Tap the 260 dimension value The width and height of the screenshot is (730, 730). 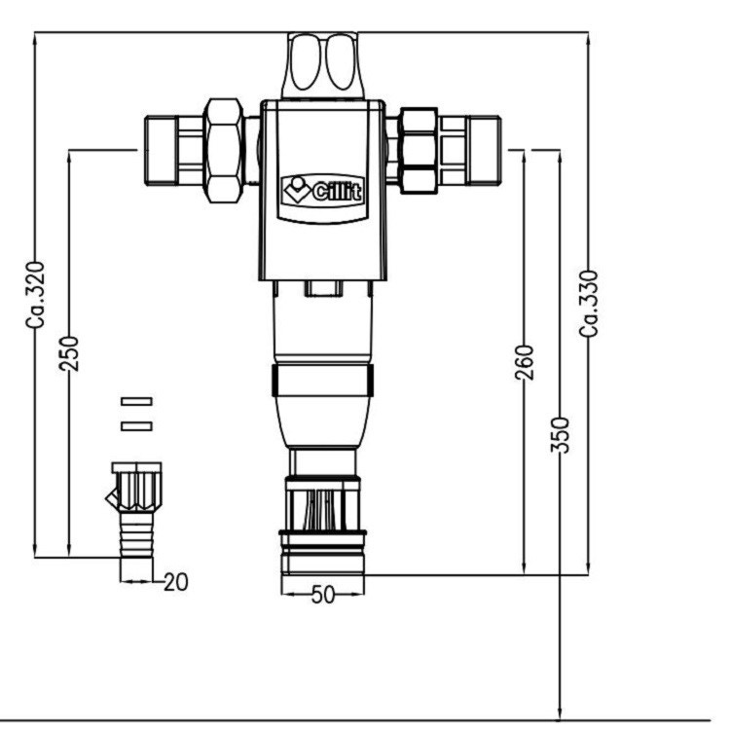coord(525,361)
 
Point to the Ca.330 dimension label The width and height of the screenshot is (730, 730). coord(588,303)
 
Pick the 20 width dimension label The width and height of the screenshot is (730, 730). coord(175,582)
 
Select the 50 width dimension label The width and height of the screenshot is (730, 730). coord(322,594)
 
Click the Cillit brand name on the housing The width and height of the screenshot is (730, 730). coord(336,192)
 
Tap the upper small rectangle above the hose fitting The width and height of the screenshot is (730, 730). coord(137,401)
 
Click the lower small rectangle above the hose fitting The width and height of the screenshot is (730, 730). coord(137,424)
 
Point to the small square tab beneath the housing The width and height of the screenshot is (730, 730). coord(320,288)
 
